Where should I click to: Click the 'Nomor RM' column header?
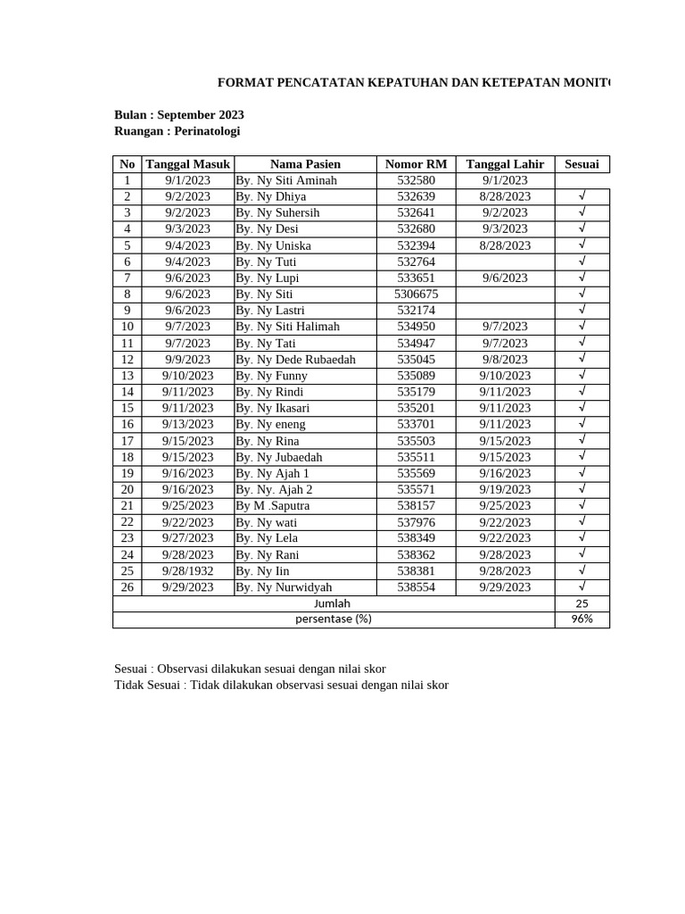(416, 163)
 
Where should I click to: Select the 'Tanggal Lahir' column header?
(505, 163)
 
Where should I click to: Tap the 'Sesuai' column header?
(582, 163)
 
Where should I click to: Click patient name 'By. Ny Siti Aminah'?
(286, 180)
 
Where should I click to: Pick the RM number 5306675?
(416, 294)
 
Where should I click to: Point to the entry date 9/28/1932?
(187, 570)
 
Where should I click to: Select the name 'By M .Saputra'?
(273, 505)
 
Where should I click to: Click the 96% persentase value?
(582, 619)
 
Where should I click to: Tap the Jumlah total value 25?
(582, 603)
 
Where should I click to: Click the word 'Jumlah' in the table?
(333, 603)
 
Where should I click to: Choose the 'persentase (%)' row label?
(333, 619)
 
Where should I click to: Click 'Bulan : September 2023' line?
(179, 115)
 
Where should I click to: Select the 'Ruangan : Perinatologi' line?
(177, 131)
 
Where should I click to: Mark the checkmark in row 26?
(582, 586)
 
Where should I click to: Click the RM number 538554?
(416, 587)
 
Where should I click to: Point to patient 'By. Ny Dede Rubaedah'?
(295, 359)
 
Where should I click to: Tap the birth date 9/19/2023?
(505, 489)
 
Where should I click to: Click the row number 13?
(128, 376)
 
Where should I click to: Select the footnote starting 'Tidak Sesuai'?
(281, 685)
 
